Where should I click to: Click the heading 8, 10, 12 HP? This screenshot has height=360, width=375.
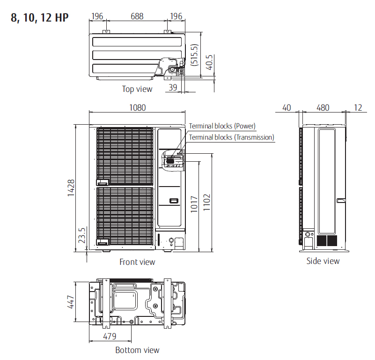[39, 18]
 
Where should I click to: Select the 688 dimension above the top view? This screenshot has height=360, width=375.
[137, 16]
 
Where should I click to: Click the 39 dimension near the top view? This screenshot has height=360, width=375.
[173, 88]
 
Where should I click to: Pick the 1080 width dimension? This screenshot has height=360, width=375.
[137, 107]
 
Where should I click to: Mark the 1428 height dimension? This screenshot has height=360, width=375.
[71, 187]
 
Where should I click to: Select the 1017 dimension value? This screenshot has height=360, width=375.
[194, 204]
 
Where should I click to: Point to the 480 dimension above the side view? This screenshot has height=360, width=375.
[323, 107]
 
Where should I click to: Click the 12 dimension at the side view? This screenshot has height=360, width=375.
[358, 107]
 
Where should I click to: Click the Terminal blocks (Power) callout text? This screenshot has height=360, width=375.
[222, 126]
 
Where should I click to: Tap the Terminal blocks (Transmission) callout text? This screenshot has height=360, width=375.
[231, 137]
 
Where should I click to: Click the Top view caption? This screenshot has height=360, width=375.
[137, 89]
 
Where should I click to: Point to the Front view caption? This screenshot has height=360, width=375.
[137, 262]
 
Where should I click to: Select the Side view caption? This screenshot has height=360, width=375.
[323, 261]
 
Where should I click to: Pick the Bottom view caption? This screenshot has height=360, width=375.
[137, 350]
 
